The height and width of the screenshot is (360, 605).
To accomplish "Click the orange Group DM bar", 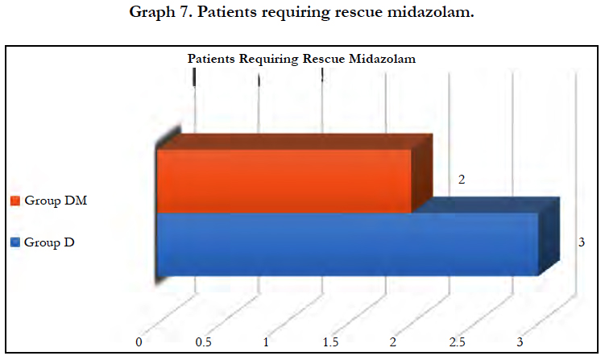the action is [x=284, y=181].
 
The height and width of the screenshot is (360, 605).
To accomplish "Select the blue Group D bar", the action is [x=347, y=244].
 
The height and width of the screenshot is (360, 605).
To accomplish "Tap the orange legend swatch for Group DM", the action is [x=15, y=201].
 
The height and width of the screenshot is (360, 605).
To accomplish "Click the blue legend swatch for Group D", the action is [x=15, y=242].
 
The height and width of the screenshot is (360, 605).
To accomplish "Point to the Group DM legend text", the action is [x=56, y=201].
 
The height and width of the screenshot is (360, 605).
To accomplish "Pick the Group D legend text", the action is [x=49, y=242].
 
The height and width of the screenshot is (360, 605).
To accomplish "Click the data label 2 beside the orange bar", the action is [x=462, y=180].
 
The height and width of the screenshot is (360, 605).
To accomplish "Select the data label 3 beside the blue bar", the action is [x=582, y=242].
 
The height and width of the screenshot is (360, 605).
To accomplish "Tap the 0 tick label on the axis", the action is [x=139, y=342].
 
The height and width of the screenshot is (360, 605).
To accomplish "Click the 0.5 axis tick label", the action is [x=203, y=342].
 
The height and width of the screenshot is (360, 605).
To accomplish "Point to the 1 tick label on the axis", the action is [x=266, y=342].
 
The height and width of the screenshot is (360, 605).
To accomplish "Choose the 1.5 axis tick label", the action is [x=330, y=342].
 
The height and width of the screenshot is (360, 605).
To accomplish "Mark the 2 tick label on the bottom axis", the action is [x=393, y=342].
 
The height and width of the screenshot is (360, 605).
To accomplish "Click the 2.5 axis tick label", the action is [x=458, y=342].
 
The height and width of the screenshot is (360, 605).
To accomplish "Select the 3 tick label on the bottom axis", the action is [x=520, y=342].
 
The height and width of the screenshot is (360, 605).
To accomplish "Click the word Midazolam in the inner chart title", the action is [x=382, y=59].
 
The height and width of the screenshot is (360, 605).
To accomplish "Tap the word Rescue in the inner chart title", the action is [x=324, y=59].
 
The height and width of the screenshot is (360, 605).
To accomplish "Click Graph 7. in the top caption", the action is [x=161, y=12].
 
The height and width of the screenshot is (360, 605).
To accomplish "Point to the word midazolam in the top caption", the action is [x=430, y=12].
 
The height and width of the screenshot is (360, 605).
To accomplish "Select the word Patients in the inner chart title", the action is [x=211, y=59].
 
